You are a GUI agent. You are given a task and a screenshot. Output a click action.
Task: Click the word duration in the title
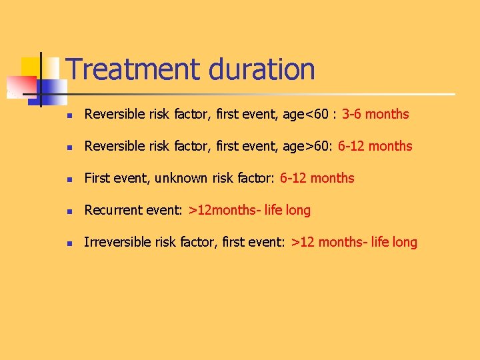click(x=261, y=69)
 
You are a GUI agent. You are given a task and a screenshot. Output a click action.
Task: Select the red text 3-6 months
click(x=375, y=114)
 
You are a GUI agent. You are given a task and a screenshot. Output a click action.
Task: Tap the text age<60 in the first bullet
click(x=305, y=114)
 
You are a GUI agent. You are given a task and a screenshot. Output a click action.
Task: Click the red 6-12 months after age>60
click(x=375, y=146)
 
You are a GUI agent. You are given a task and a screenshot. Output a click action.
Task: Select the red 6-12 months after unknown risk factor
click(x=317, y=178)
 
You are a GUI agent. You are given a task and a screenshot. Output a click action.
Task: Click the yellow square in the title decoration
click(x=31, y=67)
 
